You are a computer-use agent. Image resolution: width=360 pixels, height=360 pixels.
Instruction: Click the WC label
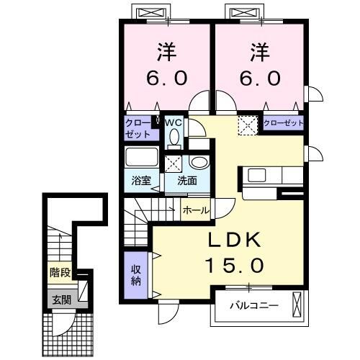click(174, 123)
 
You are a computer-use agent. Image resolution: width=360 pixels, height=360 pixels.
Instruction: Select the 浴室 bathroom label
click(142, 180)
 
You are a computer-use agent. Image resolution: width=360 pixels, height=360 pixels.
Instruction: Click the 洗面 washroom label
click(178, 180)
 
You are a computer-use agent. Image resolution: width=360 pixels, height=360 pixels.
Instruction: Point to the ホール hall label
click(196, 210)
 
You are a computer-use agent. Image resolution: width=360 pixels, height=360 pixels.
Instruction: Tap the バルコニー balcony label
click(253, 305)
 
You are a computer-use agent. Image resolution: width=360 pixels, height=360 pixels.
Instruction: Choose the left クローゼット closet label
click(138, 128)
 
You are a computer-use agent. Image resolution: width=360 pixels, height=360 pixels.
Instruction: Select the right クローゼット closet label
click(282, 123)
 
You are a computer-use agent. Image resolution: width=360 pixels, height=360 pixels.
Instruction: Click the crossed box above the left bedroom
click(152, 14)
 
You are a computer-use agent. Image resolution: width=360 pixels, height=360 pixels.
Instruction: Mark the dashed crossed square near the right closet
click(247, 126)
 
